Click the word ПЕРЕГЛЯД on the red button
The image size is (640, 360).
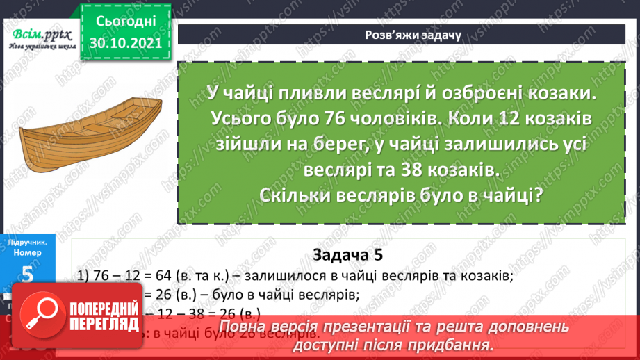click(108, 325)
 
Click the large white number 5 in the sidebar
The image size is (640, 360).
click(28, 275)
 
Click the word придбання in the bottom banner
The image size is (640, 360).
click(452, 344)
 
